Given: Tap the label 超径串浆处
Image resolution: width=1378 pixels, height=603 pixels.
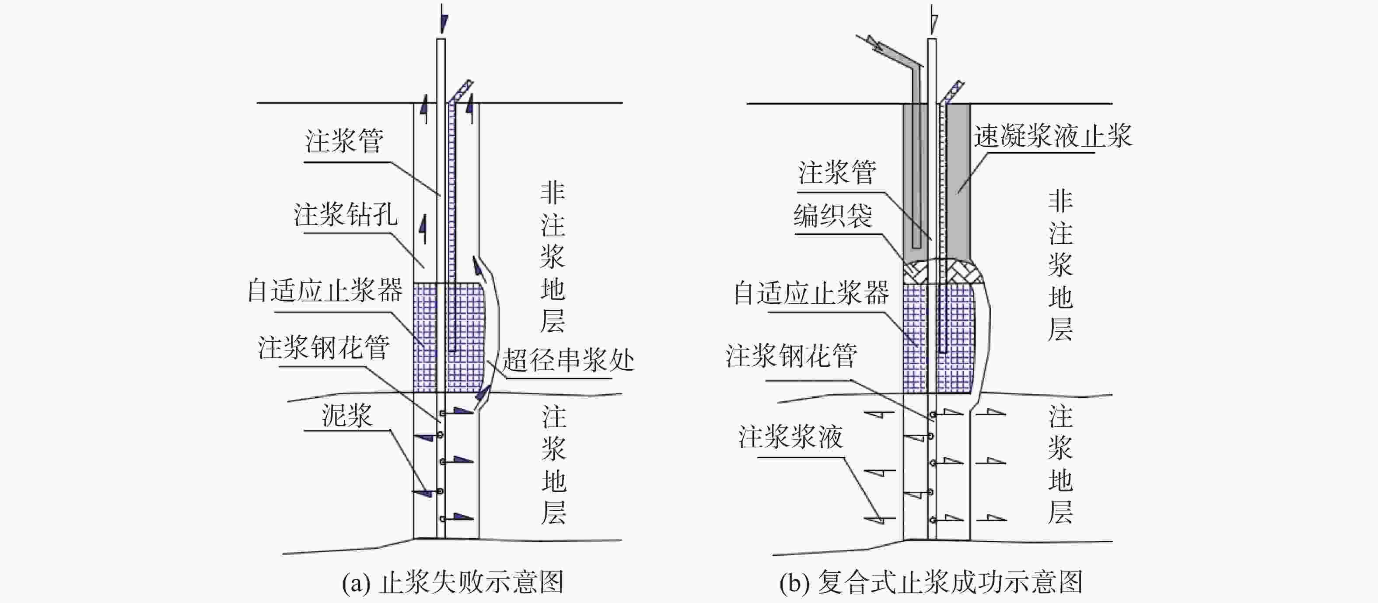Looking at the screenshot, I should [567, 360].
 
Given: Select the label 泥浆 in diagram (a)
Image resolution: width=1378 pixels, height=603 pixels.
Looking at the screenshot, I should [346, 416].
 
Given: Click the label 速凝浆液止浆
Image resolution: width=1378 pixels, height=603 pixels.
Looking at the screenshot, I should [1052, 137].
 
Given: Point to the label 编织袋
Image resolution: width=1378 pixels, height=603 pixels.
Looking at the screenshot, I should [833, 216].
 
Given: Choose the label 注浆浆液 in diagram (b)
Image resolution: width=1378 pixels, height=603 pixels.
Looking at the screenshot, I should [790, 437].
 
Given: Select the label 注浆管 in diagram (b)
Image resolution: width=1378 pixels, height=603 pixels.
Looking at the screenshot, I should [837, 173].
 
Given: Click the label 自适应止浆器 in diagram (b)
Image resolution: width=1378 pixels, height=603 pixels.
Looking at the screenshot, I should [811, 294].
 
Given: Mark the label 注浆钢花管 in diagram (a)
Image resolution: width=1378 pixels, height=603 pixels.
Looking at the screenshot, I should [324, 348].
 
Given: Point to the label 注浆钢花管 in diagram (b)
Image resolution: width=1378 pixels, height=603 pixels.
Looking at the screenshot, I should [791, 356].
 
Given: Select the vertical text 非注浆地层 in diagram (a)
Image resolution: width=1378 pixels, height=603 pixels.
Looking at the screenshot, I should [553, 257].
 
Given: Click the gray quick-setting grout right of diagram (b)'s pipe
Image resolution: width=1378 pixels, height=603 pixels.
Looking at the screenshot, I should [958, 176].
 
